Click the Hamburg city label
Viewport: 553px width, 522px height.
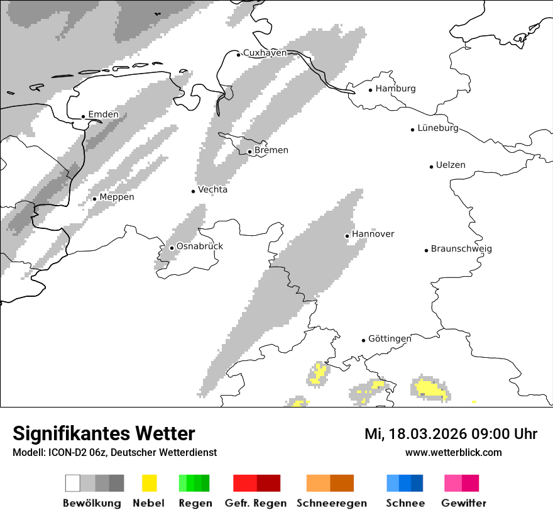[x=395, y=89]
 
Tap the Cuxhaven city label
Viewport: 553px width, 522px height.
[x=265, y=53]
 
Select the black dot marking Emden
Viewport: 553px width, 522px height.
[x=84, y=116]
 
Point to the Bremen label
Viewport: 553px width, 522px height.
[x=271, y=150]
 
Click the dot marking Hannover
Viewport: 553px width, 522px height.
[x=347, y=236]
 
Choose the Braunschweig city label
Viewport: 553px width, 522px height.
[x=461, y=249]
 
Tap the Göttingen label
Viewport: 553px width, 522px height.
[x=390, y=339]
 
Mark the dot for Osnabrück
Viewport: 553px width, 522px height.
[x=172, y=248]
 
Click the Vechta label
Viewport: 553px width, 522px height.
[x=212, y=190]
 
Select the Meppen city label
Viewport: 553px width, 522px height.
[x=117, y=197]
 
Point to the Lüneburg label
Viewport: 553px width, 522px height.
[x=438, y=128]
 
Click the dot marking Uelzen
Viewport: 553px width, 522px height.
[x=431, y=167]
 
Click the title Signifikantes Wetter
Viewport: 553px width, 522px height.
[x=104, y=433]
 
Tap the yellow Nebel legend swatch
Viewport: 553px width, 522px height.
[x=150, y=483]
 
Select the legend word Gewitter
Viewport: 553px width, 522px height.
[x=464, y=503]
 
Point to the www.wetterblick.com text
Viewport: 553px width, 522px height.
[x=453, y=452]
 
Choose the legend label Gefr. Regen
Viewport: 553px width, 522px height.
[x=256, y=503]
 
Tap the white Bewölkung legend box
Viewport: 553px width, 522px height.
[x=73, y=483]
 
